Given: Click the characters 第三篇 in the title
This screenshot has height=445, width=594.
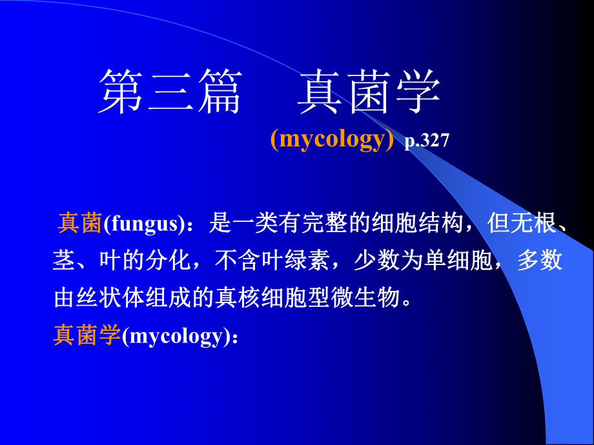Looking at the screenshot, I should pos(170,92).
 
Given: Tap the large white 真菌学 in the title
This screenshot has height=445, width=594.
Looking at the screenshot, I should pos(369,92).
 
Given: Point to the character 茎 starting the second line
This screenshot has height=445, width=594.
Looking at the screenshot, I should pos(65,261).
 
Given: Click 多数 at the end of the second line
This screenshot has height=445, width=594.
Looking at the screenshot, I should pos(540,261).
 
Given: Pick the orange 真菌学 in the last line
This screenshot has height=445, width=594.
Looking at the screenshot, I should pos(87,335).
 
